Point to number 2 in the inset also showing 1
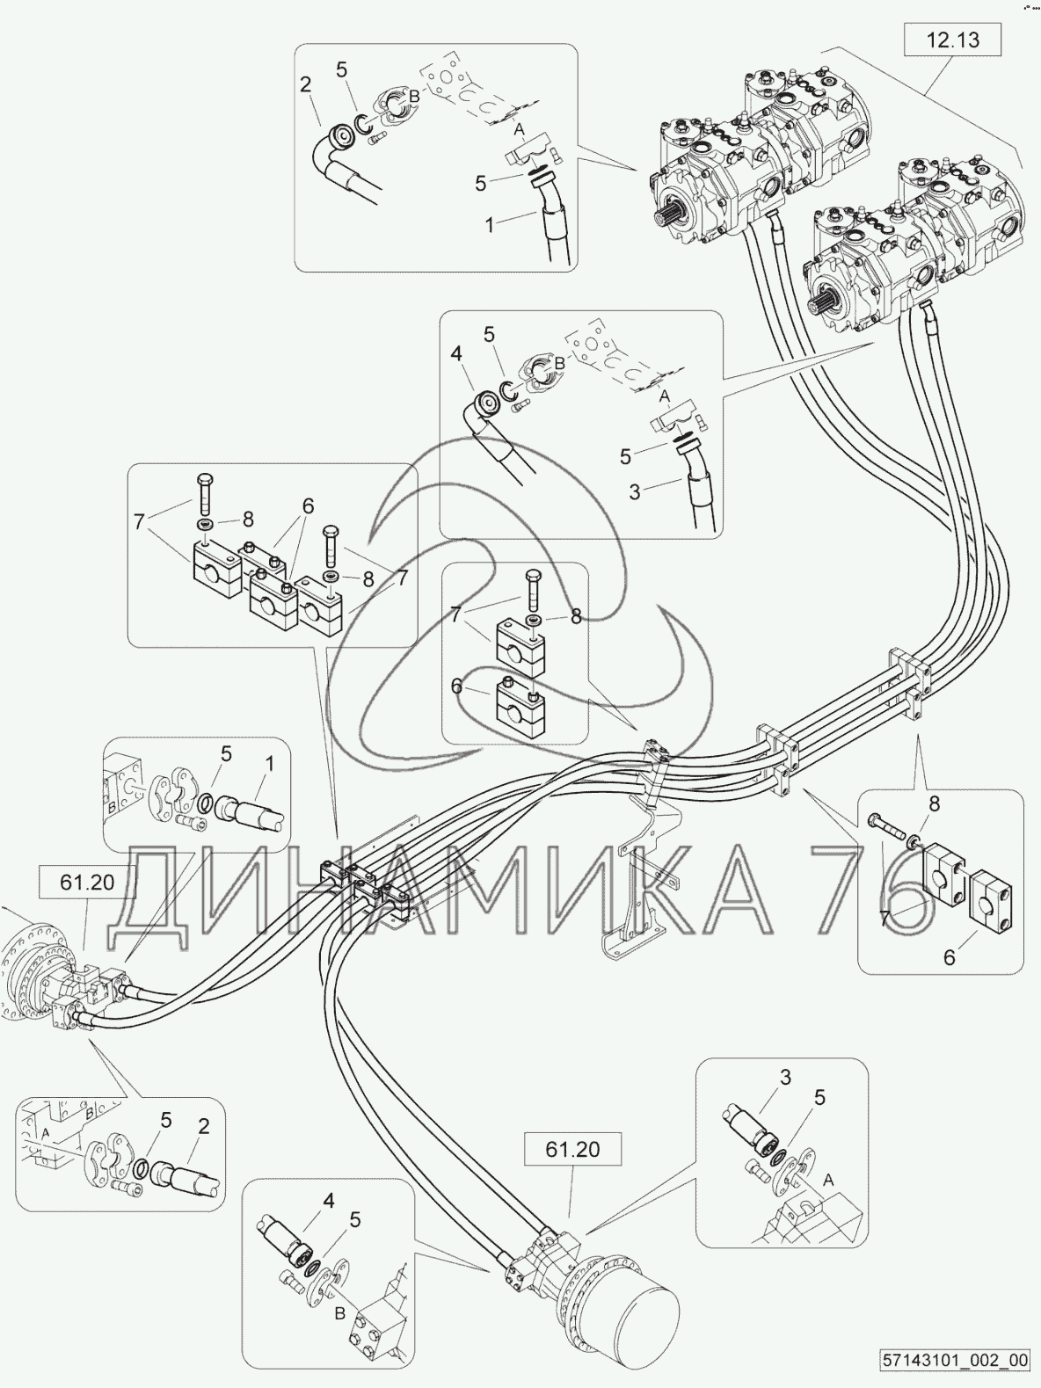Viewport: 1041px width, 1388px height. click(306, 85)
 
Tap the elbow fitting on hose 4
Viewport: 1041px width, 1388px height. click(484, 406)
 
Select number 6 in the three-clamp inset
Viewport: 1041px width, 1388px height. click(308, 506)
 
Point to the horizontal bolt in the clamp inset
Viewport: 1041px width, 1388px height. click(890, 825)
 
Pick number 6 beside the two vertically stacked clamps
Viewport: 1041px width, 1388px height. click(457, 687)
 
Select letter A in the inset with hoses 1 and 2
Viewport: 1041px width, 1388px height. click(519, 129)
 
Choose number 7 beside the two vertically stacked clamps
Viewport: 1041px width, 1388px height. click(456, 614)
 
